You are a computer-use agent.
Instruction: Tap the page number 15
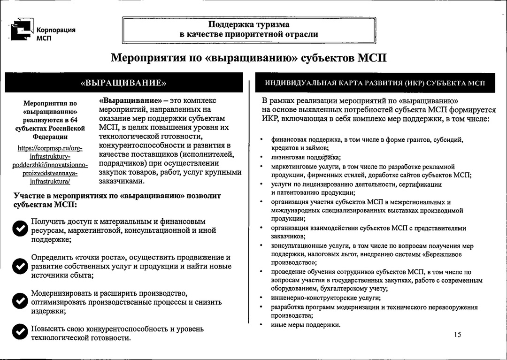click(458, 335)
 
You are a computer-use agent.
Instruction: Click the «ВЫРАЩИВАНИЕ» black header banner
click(124, 83)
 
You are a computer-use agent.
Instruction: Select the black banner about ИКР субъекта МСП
click(374, 83)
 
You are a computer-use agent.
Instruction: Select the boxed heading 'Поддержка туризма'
click(249, 24)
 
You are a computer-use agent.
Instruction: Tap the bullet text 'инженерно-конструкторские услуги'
click(326, 298)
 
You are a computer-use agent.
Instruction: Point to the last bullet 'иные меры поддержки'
click(306, 325)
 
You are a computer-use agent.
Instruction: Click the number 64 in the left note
click(74, 120)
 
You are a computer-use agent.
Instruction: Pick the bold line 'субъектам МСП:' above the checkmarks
click(46, 205)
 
